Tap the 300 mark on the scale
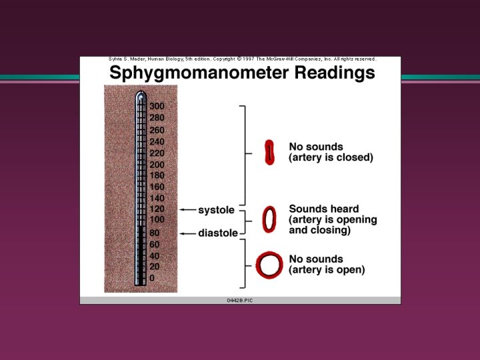157,107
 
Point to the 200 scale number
157,165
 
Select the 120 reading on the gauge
157,209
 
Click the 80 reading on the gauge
154,233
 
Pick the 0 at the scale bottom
152,278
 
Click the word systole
216,210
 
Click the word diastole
217,233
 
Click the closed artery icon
269,152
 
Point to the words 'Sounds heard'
323,209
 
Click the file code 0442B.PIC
240,301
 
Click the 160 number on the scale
157,187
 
